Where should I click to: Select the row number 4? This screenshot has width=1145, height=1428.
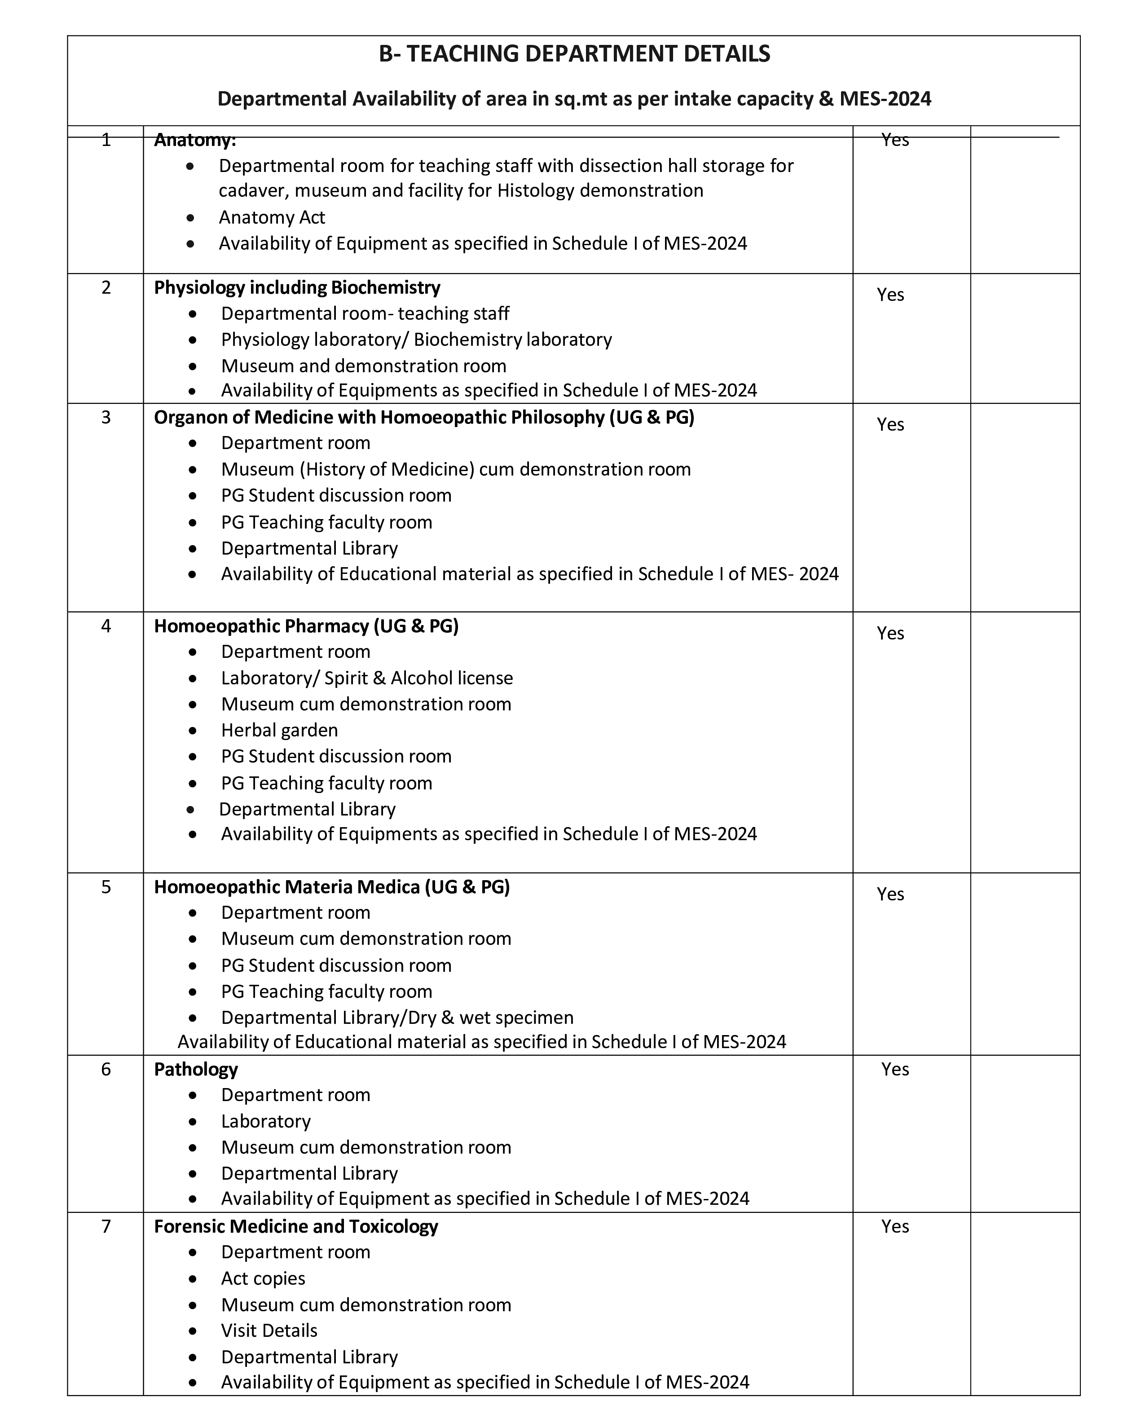click(106, 626)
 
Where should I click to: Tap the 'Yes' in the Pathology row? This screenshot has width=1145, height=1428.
click(895, 1069)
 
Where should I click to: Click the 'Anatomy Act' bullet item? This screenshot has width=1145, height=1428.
click(272, 217)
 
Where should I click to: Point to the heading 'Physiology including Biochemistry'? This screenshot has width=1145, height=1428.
click(297, 287)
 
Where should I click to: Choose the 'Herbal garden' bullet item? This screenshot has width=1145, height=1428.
click(279, 730)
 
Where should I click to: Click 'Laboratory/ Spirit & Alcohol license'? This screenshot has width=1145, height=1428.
click(367, 678)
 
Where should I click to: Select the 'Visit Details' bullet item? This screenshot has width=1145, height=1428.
click(269, 1330)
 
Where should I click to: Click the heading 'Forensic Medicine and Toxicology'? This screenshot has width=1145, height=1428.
click(296, 1226)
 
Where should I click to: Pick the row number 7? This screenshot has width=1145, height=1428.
click(106, 1226)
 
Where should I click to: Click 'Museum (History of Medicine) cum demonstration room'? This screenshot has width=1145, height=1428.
click(456, 469)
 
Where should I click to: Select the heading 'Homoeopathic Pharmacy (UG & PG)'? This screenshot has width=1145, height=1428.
click(306, 626)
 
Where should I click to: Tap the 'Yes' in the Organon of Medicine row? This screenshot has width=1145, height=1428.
click(890, 424)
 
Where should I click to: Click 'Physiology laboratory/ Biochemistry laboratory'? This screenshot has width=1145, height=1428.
click(416, 339)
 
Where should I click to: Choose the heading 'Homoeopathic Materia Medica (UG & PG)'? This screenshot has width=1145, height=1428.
click(332, 887)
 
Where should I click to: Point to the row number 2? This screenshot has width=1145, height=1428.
click(106, 287)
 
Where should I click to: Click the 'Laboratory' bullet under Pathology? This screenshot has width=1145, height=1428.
click(265, 1121)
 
